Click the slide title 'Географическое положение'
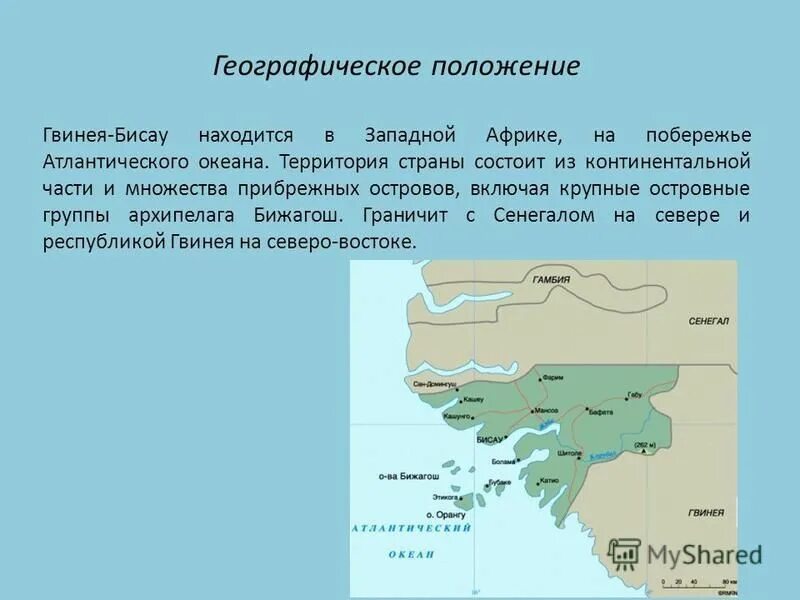397,67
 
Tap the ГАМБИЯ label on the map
551,280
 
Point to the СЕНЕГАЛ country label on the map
709,321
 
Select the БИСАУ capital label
489,439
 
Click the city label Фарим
553,378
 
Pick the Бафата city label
600,412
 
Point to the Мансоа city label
546,411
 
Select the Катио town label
548,481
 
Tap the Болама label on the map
503,462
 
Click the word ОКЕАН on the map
411,554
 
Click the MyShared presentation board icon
624,554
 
